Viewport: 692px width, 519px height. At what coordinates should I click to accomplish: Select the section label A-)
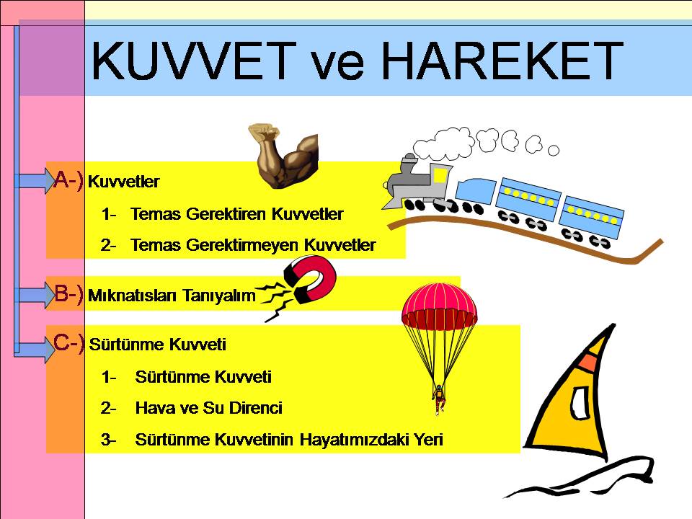pos(69,179)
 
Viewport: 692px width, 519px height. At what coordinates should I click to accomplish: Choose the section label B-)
pos(70,295)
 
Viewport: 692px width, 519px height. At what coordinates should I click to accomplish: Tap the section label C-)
pos(70,344)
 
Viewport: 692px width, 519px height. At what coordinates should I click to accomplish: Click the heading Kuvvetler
pos(123,182)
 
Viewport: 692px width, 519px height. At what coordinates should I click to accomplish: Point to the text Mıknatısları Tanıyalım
pos(172,296)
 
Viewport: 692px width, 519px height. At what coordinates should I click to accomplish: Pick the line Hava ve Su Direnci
pos(208,408)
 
